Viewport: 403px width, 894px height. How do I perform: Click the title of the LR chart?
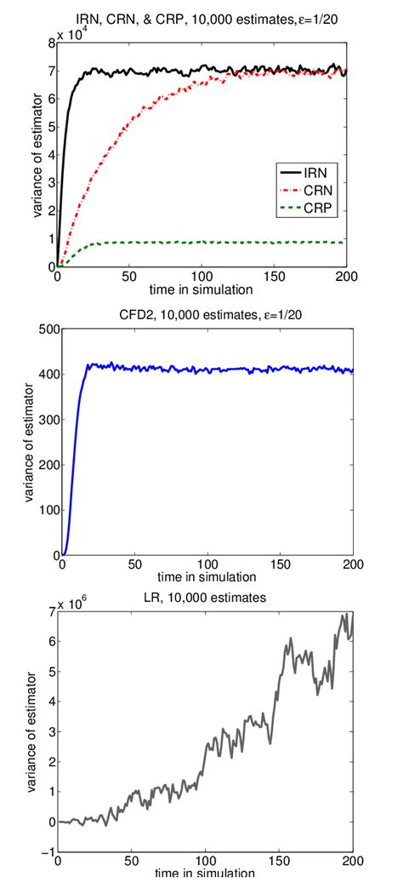tap(202, 597)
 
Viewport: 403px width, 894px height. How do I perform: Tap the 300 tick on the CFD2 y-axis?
tap(41, 419)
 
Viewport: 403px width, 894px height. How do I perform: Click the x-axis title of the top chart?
tap(201, 289)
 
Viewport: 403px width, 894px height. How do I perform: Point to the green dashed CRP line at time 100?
tap(201, 242)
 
